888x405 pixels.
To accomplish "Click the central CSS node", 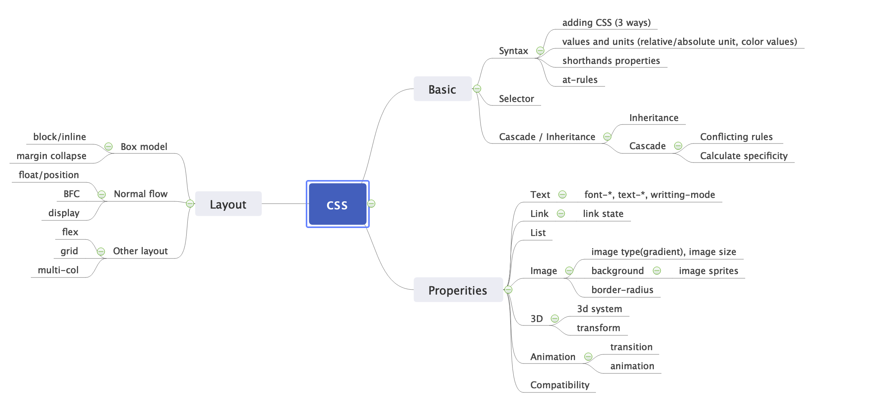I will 337,204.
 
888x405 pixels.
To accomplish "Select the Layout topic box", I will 228,204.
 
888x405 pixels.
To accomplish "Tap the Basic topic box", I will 442,89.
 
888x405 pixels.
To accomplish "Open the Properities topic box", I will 457,290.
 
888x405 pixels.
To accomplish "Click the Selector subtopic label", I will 516,99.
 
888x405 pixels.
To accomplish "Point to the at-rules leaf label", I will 580,80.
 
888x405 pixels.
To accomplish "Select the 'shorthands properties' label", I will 611,61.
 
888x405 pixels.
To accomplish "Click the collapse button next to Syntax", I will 540,51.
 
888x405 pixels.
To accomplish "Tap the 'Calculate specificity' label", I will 743,156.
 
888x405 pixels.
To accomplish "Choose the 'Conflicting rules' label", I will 736,137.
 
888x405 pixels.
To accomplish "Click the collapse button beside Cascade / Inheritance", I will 607,137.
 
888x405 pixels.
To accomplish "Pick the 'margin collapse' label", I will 51,156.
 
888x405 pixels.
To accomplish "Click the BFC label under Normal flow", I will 72,194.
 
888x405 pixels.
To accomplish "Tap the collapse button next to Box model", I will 109,147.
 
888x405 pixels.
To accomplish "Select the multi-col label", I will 58,270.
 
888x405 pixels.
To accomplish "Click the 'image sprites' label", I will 708,271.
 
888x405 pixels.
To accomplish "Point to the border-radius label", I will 622,290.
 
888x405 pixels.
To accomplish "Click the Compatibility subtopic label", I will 559,385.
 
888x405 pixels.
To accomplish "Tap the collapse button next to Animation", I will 588,357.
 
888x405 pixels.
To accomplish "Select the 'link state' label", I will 603,214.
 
